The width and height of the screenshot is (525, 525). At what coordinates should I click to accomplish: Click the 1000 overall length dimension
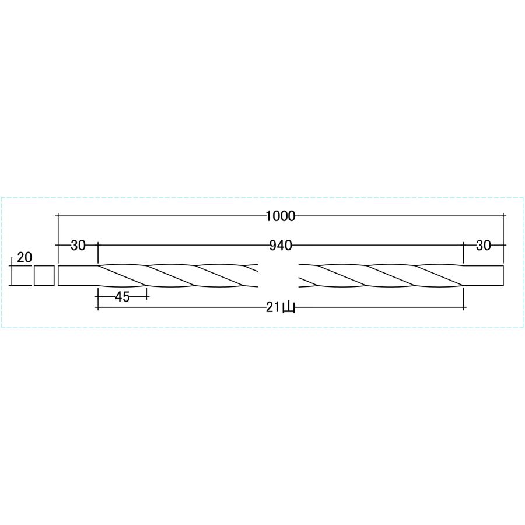pyautogui.click(x=281, y=216)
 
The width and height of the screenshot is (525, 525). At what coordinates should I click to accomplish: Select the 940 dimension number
pyautogui.click(x=281, y=246)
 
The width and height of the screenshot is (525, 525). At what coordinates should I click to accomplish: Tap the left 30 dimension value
pyautogui.click(x=78, y=246)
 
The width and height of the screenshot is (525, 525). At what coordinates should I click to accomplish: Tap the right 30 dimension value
pyautogui.click(x=483, y=246)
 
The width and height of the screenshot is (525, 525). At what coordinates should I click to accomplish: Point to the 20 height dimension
pyautogui.click(x=24, y=257)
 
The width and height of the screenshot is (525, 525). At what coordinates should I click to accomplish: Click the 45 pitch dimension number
pyautogui.click(x=123, y=297)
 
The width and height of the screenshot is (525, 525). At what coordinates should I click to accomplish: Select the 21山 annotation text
pyautogui.click(x=281, y=307)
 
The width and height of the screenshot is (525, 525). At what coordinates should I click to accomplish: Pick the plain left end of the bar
pyautogui.click(x=78, y=276)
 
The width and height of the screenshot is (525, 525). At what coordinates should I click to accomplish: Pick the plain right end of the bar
pyautogui.click(x=483, y=276)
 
